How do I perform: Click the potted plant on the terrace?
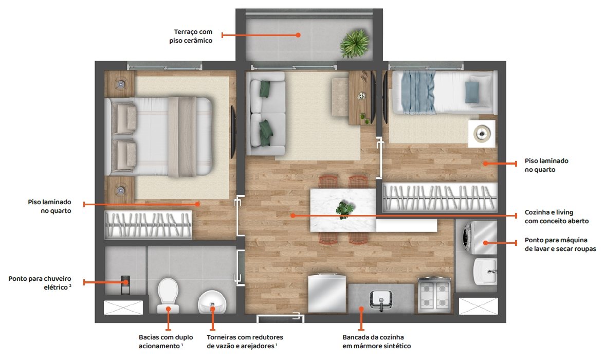click(x=354, y=44)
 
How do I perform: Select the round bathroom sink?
click(x=212, y=302)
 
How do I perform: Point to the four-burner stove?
click(x=434, y=295)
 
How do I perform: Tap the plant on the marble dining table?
click(x=344, y=209)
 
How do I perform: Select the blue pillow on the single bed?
click(x=472, y=92)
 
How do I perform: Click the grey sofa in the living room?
click(x=266, y=114)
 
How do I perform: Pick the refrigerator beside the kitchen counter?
click(x=326, y=293)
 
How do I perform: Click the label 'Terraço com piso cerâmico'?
click(x=191, y=37)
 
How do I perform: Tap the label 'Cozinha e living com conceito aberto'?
click(x=556, y=217)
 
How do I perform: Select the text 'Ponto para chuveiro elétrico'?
click(x=40, y=282)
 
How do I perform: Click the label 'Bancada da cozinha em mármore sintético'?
click(x=377, y=341)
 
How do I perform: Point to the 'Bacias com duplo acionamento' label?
click(x=166, y=341)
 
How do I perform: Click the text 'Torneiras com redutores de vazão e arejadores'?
click(x=245, y=341)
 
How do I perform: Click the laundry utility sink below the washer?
click(x=485, y=271)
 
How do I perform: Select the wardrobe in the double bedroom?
click(x=148, y=225)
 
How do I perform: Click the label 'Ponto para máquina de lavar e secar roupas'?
click(x=560, y=244)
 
